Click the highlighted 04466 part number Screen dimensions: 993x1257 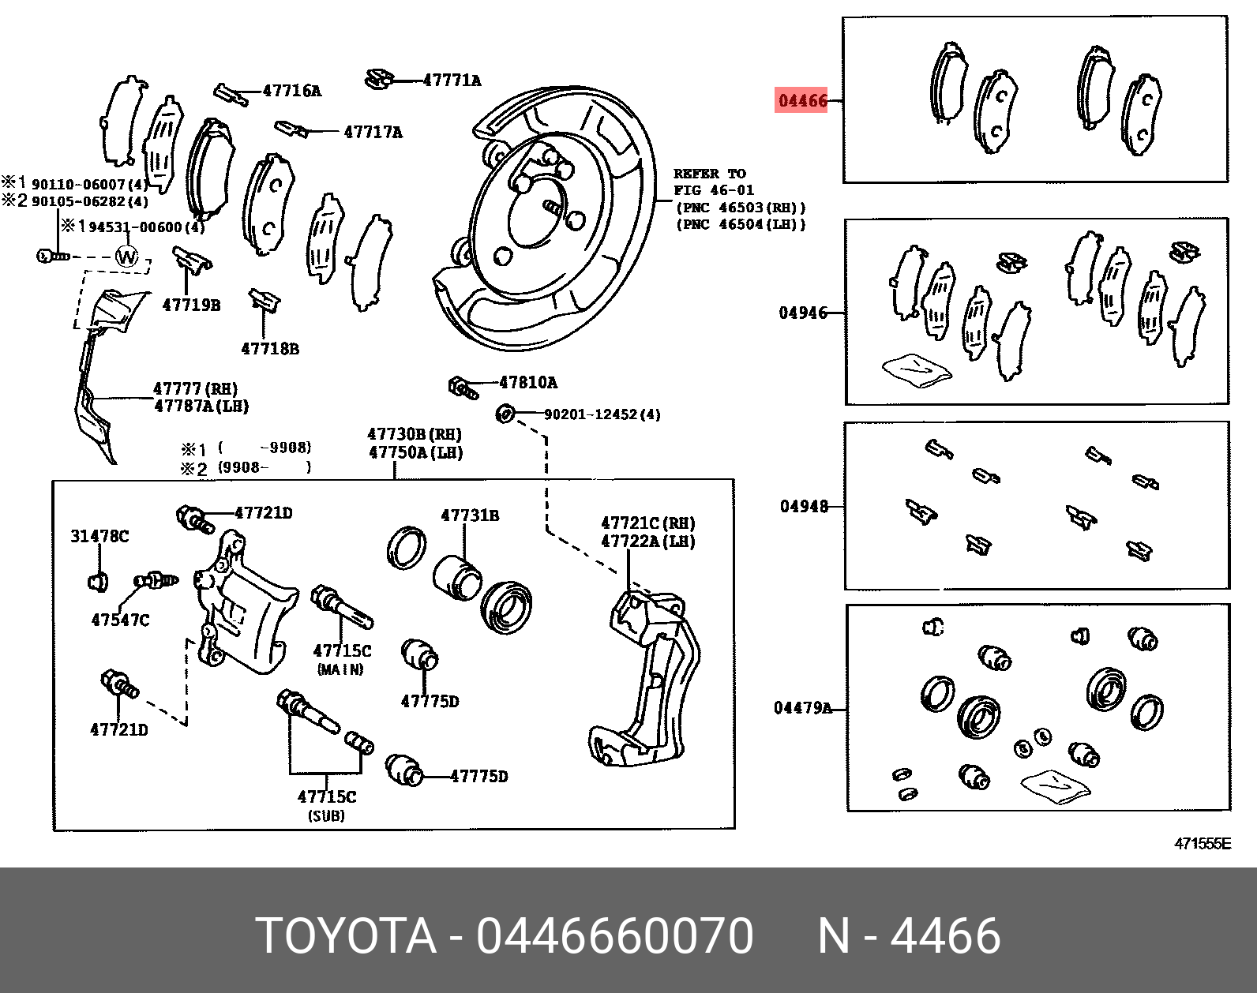point(802,100)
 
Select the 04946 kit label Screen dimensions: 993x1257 point(802,313)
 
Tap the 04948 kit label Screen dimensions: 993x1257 point(804,506)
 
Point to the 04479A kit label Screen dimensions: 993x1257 point(802,708)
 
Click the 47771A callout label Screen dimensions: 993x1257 point(452,80)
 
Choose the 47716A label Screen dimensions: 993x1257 point(291,91)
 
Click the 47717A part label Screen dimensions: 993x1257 point(373,132)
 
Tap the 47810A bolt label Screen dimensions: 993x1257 point(527,383)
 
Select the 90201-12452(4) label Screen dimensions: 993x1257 point(602,414)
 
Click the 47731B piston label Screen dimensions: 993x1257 point(470,515)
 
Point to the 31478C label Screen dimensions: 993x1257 point(99,536)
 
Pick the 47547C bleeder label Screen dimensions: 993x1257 point(120,620)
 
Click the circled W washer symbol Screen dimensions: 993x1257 point(126,257)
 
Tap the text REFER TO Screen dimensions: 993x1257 point(709,174)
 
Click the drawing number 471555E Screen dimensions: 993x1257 point(1202,844)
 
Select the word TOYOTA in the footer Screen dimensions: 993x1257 point(346,936)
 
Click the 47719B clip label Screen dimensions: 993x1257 point(191,305)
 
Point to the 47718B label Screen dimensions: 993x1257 point(270,348)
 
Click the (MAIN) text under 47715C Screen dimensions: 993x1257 point(340,669)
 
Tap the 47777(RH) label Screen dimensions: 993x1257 point(195,388)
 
